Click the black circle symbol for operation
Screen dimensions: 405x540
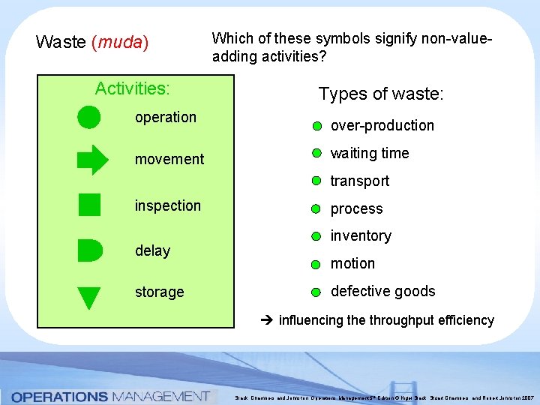[88, 117]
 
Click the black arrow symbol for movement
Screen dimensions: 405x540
[92, 160]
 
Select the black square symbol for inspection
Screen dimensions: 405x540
[89, 205]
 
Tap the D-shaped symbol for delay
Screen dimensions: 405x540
[89, 250]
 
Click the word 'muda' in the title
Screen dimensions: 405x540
[119, 42]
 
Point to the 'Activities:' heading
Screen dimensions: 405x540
[132, 88]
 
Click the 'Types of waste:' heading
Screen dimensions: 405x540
[381, 94]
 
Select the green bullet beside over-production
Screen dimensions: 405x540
[317, 126]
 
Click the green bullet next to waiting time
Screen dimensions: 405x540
[317, 154]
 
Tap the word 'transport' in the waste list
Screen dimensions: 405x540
[359, 181]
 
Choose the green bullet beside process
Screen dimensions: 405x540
[317, 209]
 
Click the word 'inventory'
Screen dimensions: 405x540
[361, 236]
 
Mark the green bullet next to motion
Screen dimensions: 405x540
[317, 264]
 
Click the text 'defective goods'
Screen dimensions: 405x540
[382, 291]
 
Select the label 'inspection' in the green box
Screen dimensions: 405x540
[167, 205]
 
